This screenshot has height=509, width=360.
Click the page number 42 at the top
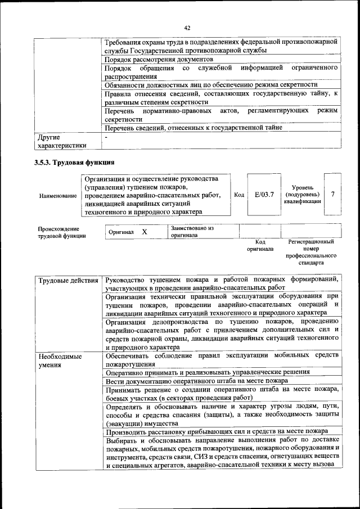(187, 28)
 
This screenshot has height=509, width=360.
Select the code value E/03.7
(264, 195)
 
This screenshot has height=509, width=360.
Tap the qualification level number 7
(334, 195)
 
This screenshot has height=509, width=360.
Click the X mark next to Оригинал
(145, 232)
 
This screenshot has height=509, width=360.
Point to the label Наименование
(58, 196)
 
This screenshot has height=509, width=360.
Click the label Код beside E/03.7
(239, 195)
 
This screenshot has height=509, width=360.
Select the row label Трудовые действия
(67, 280)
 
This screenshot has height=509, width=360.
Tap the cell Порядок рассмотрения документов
(159, 59)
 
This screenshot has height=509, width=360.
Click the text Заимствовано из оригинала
(193, 232)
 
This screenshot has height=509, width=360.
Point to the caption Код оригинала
(260, 245)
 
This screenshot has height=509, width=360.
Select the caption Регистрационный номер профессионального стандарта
(311, 252)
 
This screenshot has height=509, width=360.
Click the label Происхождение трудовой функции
(62, 232)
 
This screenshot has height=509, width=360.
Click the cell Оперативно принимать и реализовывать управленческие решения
(208, 372)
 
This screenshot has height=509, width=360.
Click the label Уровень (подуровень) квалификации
(303, 194)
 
